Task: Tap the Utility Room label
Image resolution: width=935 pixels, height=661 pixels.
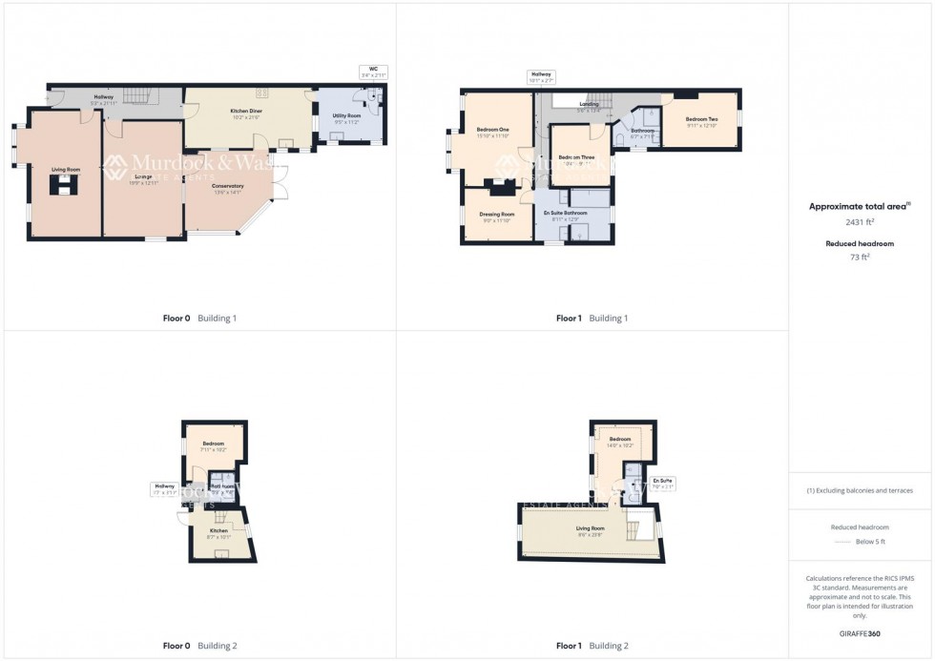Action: [x=345, y=118]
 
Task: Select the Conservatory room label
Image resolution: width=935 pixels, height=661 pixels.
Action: [x=229, y=189]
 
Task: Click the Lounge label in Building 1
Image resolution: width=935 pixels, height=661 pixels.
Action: [x=143, y=179]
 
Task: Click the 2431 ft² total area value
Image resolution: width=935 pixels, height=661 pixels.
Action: [x=860, y=221]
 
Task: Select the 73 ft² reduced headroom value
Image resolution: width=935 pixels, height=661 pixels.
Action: [x=860, y=257]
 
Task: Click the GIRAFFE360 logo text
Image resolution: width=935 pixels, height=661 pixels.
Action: [x=860, y=633]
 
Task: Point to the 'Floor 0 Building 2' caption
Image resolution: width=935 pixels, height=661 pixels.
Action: [x=199, y=646]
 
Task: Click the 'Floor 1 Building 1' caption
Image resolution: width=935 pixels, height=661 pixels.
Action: [x=592, y=318]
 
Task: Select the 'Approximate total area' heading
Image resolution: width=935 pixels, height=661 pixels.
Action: [x=859, y=206]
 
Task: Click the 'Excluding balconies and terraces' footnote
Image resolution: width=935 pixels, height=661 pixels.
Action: [x=860, y=490]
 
